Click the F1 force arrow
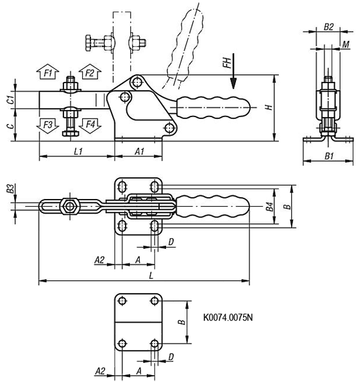[x=48, y=72]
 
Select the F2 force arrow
[x=90, y=72]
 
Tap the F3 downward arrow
[x=48, y=125]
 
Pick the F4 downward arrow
[x=90, y=125]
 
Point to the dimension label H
[x=269, y=108]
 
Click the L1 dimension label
[x=78, y=152]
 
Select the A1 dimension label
[x=139, y=152]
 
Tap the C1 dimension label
[x=10, y=100]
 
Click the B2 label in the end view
[x=328, y=27]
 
